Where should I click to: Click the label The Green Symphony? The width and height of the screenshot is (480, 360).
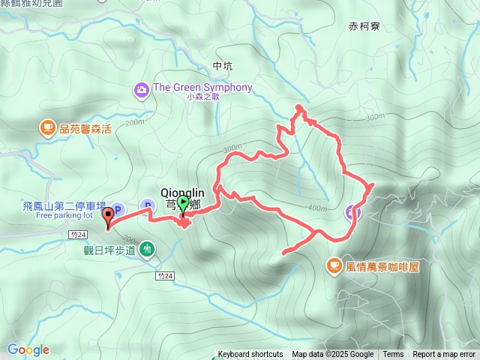pos(202,87)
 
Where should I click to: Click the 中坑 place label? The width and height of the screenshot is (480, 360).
pos(223,66)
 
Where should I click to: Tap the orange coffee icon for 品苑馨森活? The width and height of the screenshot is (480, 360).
pos(47,128)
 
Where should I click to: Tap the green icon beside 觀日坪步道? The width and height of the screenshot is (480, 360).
pos(148,249)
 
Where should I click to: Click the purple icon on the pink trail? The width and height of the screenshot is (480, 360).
pos(353,212)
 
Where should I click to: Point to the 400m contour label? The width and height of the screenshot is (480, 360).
pos(318,208)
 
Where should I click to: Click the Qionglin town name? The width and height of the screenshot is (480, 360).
pos(183,191)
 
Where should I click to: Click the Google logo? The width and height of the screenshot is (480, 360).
pos(28,349)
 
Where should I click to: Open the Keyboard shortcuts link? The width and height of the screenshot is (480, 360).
pos(250,355)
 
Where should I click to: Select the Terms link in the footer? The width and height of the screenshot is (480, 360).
pos(393,355)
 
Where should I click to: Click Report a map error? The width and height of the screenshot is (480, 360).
pos(445,355)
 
